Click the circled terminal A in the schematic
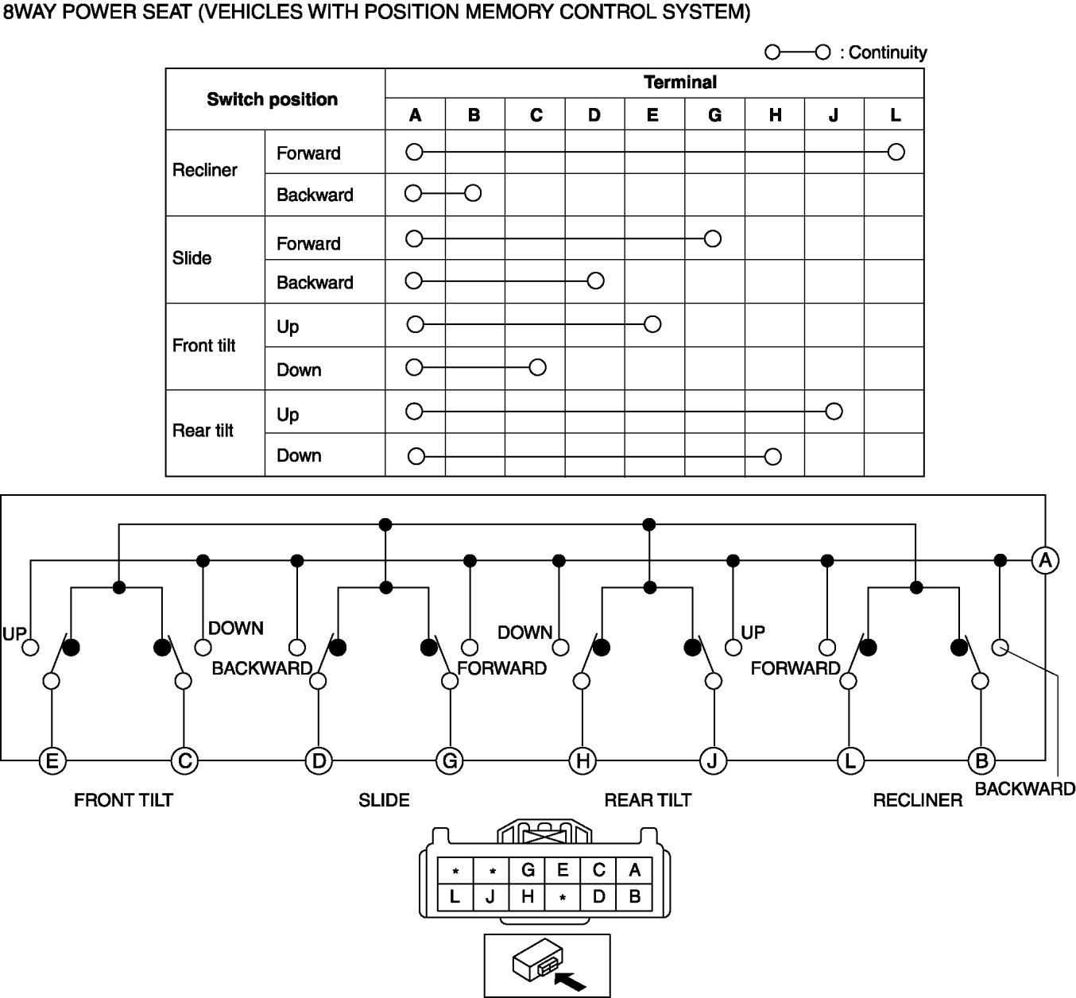tap(1045, 560)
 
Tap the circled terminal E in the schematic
tap(52, 760)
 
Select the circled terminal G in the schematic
tap(450, 760)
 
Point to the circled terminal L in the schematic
tap(850, 760)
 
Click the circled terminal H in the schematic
tap(583, 760)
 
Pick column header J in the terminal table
tap(833, 115)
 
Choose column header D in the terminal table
tap(594, 115)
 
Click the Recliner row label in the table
tap(205, 170)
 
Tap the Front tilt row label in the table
tap(204, 346)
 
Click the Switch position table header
tap(272, 99)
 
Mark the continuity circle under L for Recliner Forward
tap(896, 152)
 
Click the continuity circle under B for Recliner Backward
tap(473, 193)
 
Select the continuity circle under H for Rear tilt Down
tap(772, 456)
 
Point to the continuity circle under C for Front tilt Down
tap(537, 367)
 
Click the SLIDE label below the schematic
tap(384, 800)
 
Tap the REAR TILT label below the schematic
tap(648, 800)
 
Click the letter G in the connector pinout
tap(528, 870)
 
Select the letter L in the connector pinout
tap(455, 898)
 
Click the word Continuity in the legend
tap(888, 52)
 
